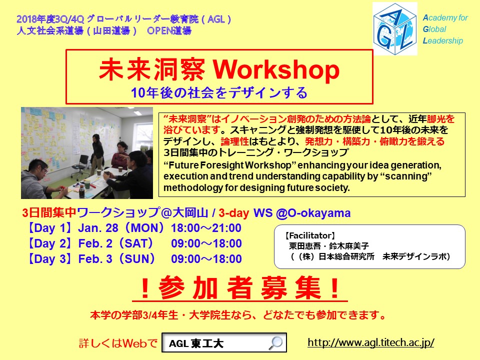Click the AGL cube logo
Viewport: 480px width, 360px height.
(x=395, y=29)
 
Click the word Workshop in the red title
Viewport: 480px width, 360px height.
(x=276, y=70)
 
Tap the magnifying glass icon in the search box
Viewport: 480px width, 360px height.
(x=275, y=342)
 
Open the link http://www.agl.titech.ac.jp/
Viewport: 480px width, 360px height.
(x=370, y=342)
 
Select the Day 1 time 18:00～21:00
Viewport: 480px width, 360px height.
(x=206, y=228)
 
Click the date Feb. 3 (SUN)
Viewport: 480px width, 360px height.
(x=116, y=258)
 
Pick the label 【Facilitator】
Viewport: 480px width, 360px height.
(x=310, y=235)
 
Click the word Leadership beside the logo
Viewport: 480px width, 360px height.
(x=442, y=40)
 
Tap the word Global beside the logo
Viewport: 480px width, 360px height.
(x=434, y=29)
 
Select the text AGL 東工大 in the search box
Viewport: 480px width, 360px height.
(x=196, y=343)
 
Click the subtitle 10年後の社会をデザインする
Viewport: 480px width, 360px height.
(x=219, y=92)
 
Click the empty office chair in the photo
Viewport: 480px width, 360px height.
(x=80, y=164)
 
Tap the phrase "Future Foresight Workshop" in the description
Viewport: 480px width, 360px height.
(x=230, y=165)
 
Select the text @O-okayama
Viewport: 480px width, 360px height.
(x=313, y=213)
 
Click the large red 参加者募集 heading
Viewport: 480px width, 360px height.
(x=240, y=288)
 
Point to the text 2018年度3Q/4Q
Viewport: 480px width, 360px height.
(x=50, y=19)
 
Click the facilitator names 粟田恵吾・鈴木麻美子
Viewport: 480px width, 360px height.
(x=329, y=246)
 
